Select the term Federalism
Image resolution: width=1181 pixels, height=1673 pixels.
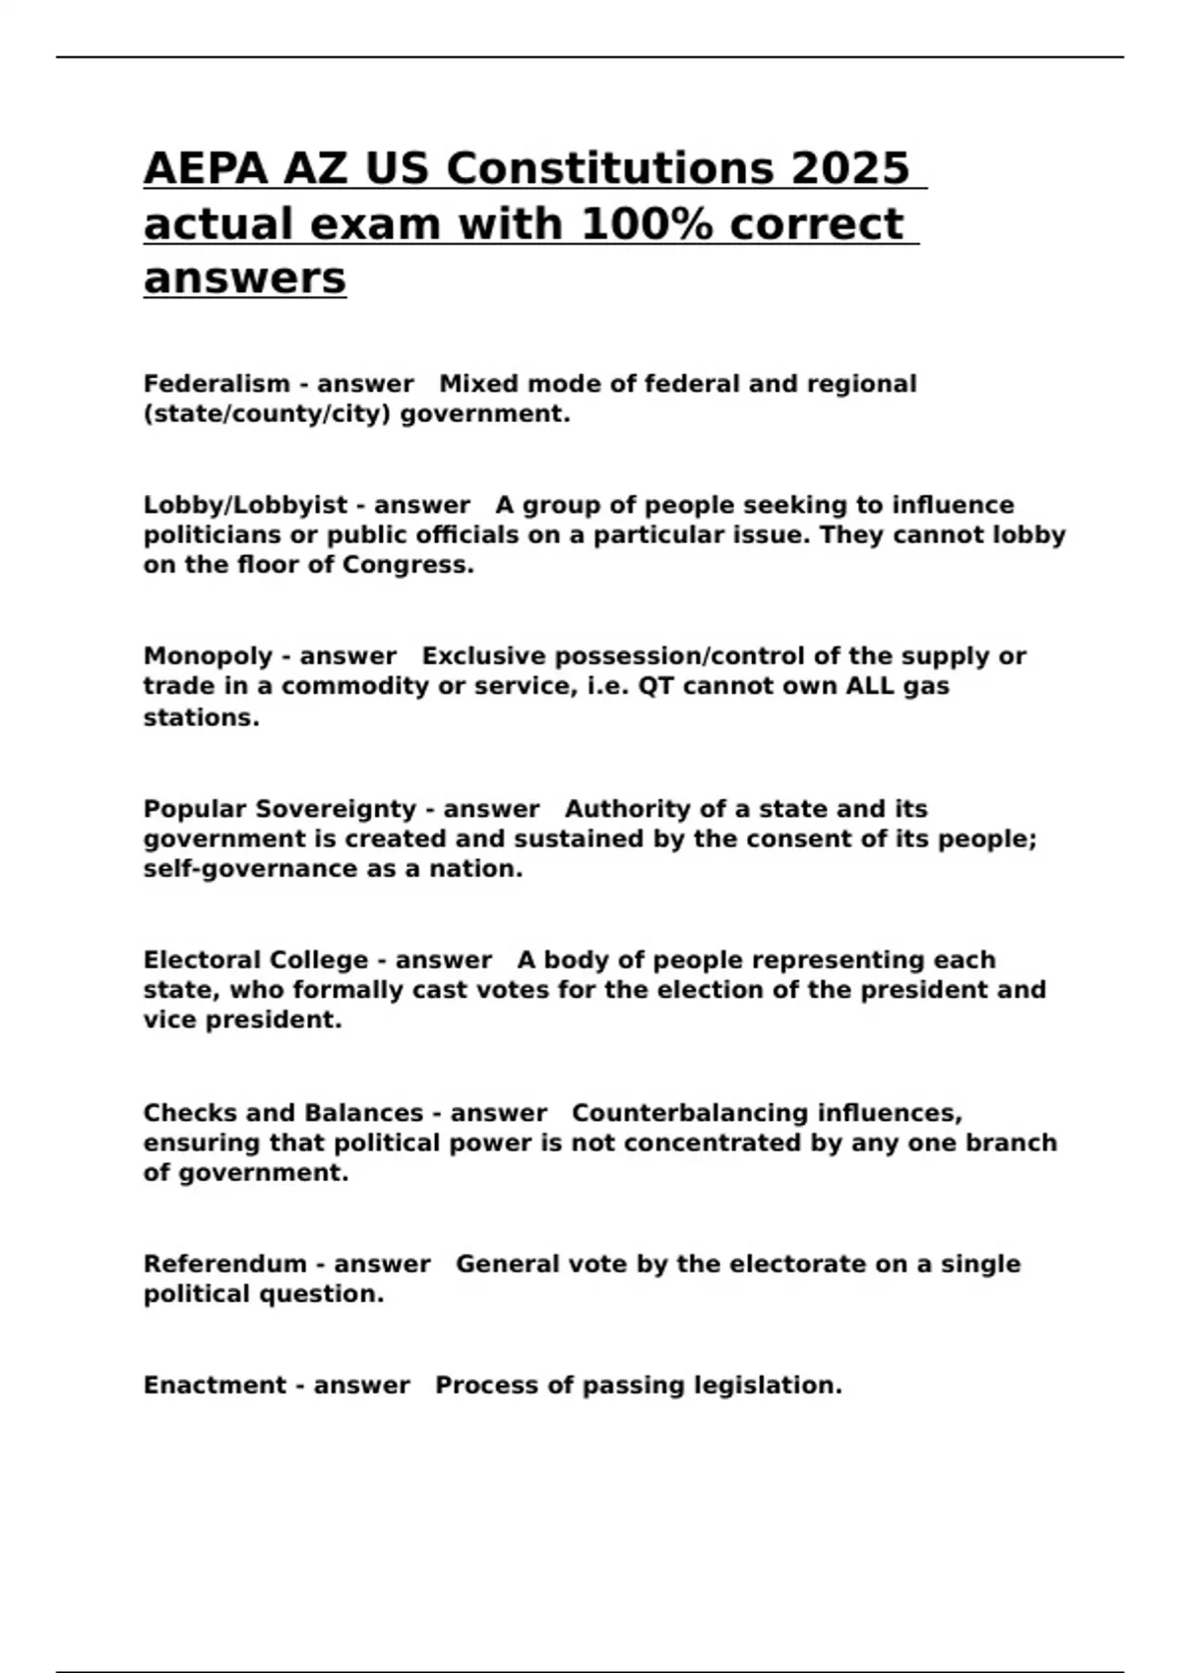(x=217, y=384)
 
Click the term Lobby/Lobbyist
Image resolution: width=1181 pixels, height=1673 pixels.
(x=245, y=505)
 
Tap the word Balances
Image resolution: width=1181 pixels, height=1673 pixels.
(x=364, y=1113)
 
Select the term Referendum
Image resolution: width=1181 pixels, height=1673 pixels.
(x=225, y=1264)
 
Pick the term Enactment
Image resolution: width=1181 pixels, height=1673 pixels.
(x=216, y=1386)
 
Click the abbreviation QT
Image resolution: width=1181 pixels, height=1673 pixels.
(x=655, y=686)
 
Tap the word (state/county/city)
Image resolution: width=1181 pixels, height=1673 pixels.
(x=267, y=414)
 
